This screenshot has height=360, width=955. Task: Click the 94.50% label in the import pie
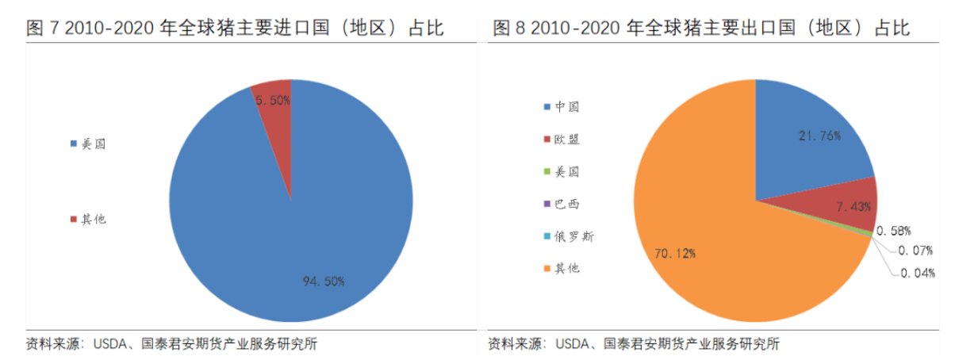[324, 281]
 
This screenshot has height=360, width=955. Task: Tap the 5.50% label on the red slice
[273, 101]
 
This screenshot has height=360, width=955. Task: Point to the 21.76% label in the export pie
[819, 136]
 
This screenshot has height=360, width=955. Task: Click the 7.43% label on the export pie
[854, 206]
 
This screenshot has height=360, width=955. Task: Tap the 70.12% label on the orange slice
[676, 253]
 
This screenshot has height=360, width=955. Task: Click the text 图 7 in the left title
[41, 29]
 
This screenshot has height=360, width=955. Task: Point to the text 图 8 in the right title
[509, 29]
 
